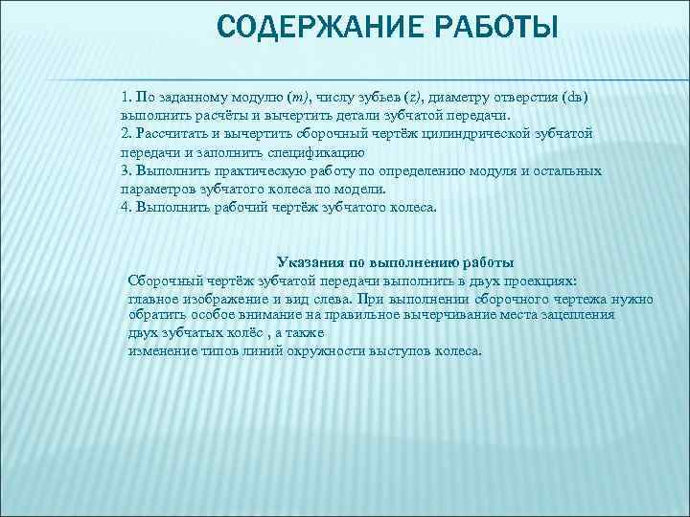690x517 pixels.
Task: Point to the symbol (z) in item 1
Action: click(x=412, y=97)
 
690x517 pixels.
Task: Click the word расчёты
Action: click(x=215, y=115)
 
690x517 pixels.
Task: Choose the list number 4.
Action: click(x=126, y=206)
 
